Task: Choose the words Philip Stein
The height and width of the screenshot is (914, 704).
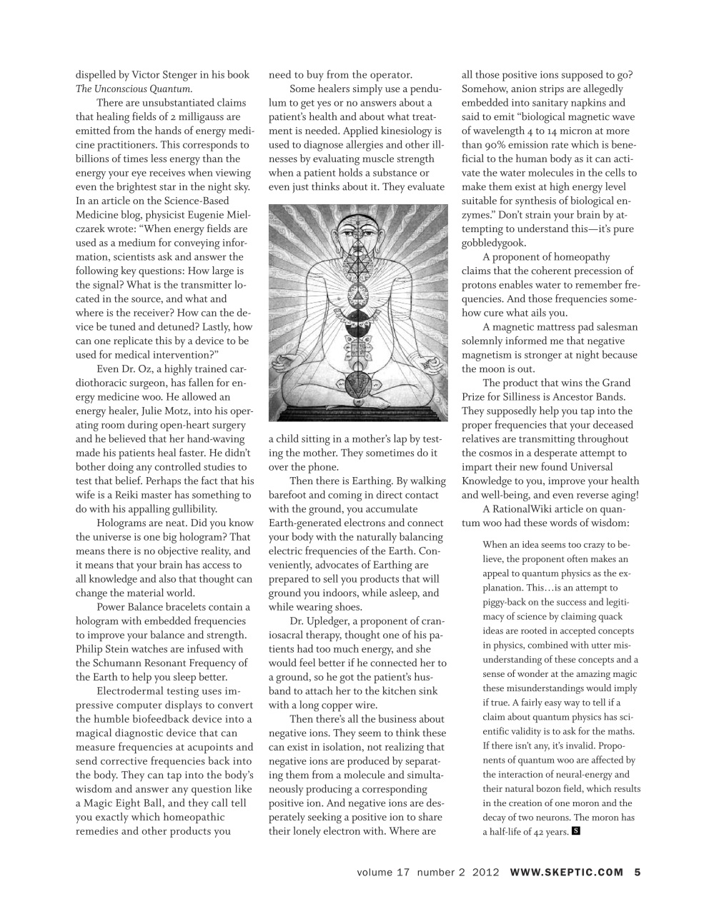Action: [x=104, y=649]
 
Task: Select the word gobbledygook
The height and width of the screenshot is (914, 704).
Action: [x=494, y=243]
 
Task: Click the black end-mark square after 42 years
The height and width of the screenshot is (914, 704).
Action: [x=576, y=830]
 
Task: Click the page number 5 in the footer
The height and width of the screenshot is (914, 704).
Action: [x=637, y=871]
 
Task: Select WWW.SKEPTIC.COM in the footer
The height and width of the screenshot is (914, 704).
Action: [x=567, y=871]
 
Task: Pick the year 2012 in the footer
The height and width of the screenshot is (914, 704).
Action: [x=486, y=871]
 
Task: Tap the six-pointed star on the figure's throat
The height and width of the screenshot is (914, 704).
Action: [x=357, y=274]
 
